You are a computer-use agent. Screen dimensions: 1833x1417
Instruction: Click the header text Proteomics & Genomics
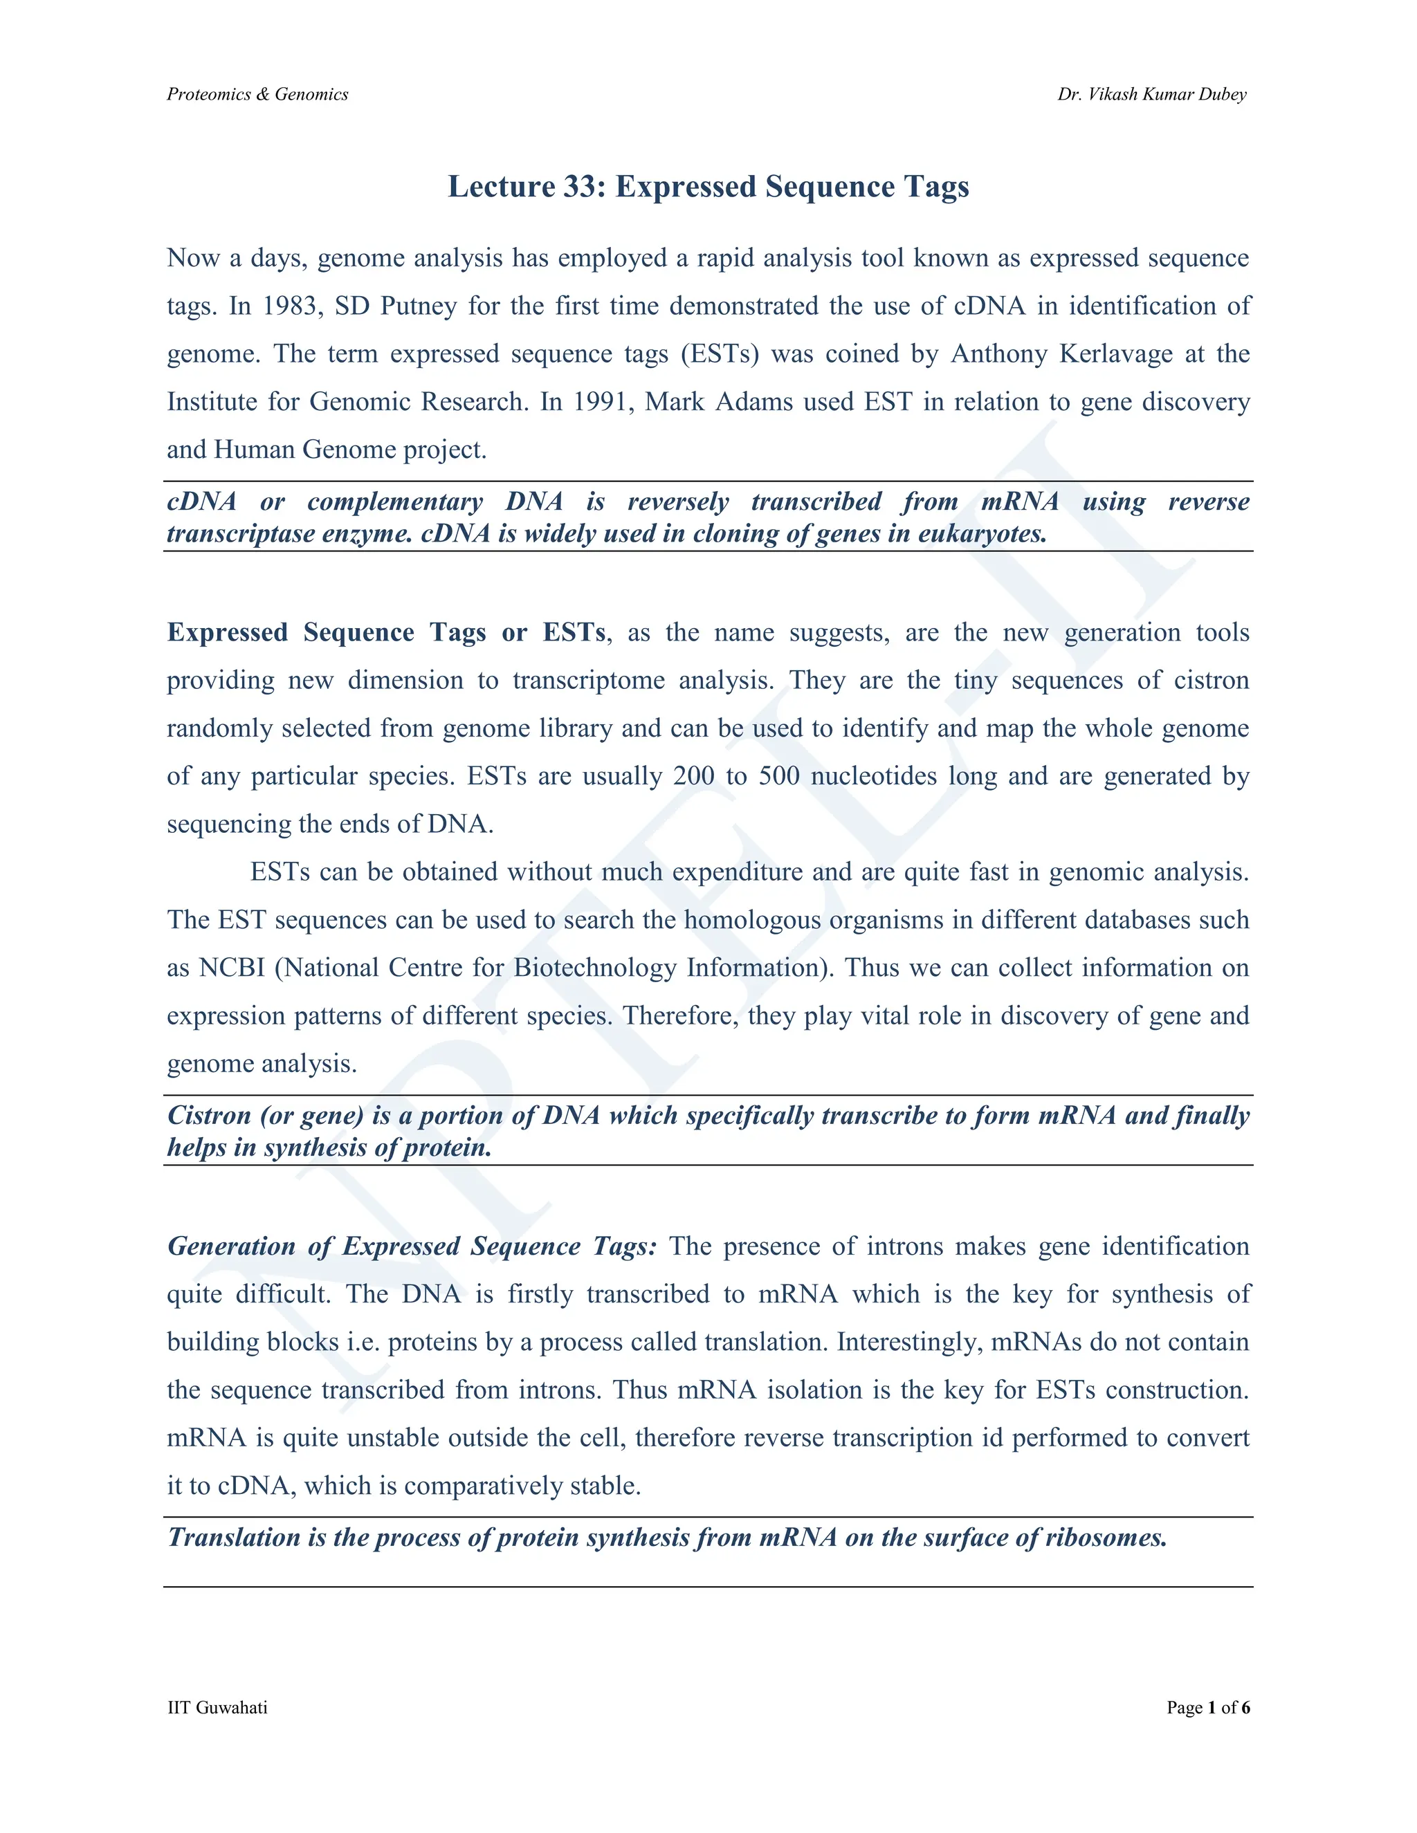(x=257, y=94)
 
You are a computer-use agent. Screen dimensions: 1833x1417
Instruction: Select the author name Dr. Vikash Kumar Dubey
(x=1152, y=94)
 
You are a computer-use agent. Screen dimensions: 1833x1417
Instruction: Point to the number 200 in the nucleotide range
(x=694, y=775)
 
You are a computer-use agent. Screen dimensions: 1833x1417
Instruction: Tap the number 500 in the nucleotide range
(x=779, y=775)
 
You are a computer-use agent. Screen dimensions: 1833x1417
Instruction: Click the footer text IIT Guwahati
(x=217, y=1707)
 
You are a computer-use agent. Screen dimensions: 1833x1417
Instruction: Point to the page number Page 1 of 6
(x=1208, y=1707)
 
